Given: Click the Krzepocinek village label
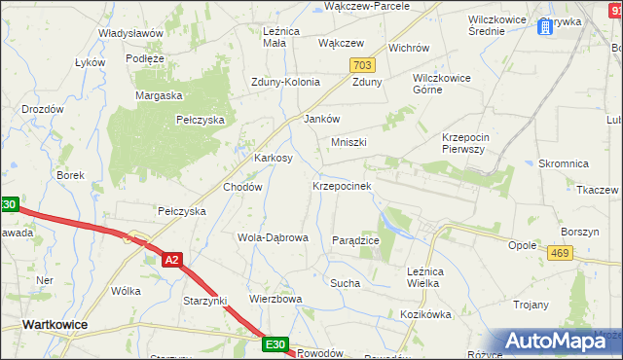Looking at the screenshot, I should (341, 185).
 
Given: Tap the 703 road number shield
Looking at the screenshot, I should (362, 65).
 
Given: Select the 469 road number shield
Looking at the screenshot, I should (559, 253).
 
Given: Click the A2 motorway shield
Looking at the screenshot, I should (171, 260).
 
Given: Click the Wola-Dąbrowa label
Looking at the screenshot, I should (273, 236).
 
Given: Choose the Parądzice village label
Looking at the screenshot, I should (355, 239).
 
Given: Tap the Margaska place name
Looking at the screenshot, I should (160, 95).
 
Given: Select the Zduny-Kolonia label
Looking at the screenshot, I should (285, 82).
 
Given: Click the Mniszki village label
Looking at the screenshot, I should (348, 142).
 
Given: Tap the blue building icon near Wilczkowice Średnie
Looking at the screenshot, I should (542, 26).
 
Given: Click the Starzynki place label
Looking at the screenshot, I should (204, 301).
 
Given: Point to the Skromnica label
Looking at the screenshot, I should (560, 164).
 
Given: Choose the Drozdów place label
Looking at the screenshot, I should (43, 109).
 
